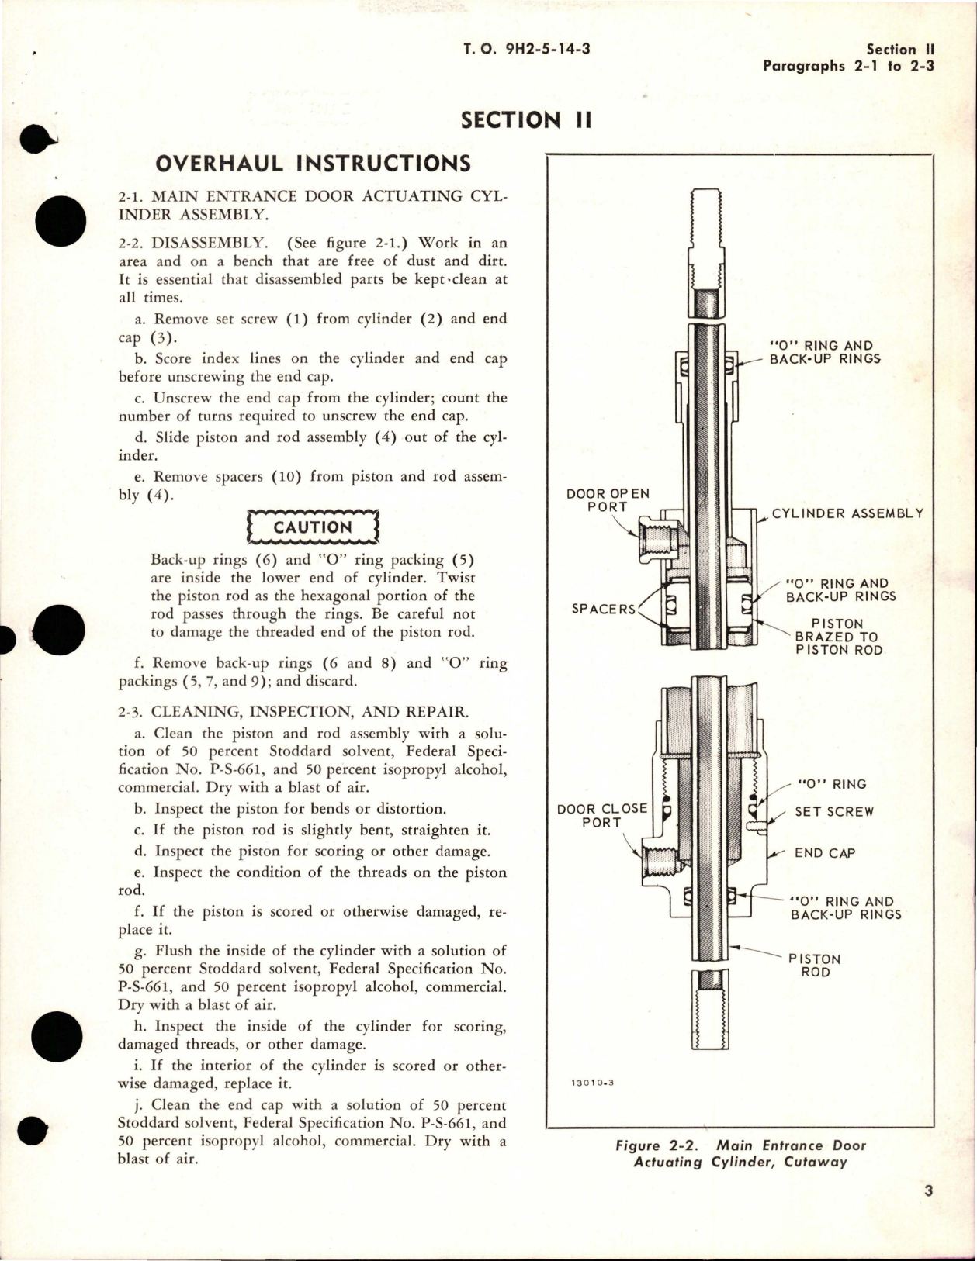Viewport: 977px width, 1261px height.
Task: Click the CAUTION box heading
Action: click(312, 527)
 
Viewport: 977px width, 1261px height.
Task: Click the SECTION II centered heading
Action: click(526, 120)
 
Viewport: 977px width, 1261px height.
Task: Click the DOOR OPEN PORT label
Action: click(608, 500)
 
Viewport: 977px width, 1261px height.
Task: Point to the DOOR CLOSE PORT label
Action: click(601, 815)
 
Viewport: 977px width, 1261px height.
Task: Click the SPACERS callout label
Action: click(603, 609)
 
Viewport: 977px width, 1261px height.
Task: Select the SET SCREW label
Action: click(833, 812)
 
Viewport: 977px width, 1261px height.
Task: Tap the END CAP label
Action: click(824, 853)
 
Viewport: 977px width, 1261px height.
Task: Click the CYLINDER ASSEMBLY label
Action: click(847, 513)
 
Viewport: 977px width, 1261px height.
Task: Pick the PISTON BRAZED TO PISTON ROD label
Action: click(838, 637)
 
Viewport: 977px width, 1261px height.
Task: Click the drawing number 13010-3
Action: click(592, 1083)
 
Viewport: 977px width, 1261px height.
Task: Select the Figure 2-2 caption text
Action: click(740, 1153)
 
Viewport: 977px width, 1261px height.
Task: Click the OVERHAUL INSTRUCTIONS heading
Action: click(313, 164)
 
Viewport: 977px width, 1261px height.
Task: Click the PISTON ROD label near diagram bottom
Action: click(814, 966)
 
